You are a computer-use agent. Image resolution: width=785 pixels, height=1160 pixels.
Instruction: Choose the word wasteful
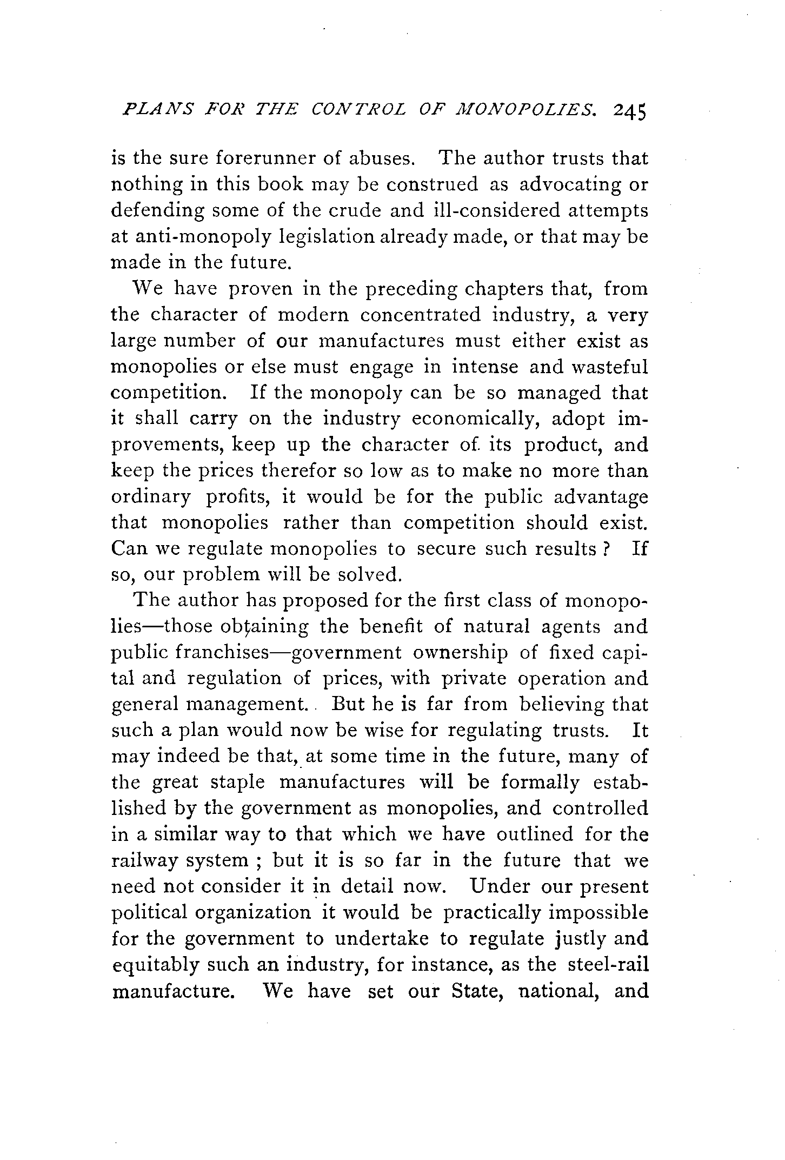[607, 367]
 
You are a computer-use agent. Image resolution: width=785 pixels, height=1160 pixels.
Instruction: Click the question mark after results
[607, 549]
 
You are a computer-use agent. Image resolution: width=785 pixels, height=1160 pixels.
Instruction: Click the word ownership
[460, 653]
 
